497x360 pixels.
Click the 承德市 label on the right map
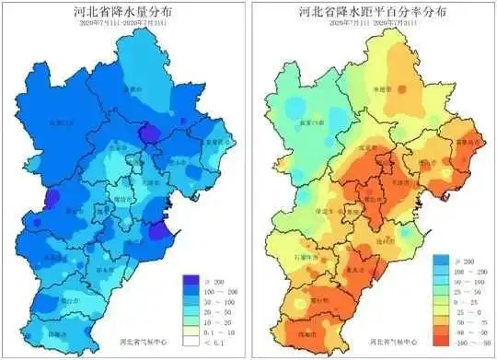pos(400,88)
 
